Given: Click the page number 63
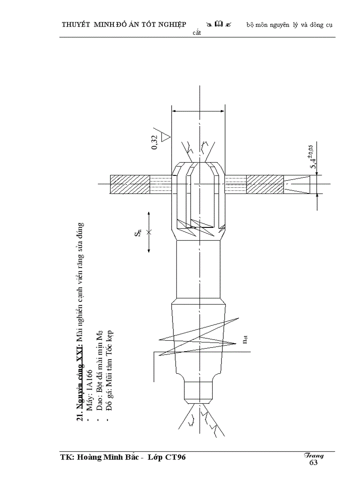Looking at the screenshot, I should pos(313,462).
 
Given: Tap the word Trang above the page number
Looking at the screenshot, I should pos(314,456).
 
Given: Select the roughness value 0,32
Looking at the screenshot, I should pos(154,142).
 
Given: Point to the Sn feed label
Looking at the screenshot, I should pos(138,233).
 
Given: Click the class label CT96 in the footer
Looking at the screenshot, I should pos(175,458).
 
